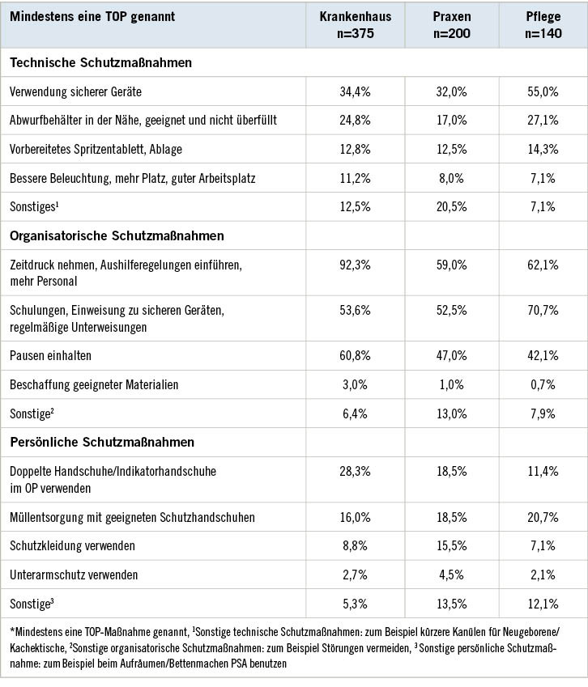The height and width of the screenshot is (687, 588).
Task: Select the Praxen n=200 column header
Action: click(x=452, y=24)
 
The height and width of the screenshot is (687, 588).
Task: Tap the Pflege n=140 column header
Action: click(x=542, y=24)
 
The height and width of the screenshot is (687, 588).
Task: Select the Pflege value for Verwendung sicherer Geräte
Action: click(x=542, y=91)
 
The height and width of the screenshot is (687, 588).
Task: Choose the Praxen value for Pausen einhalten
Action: click(x=452, y=355)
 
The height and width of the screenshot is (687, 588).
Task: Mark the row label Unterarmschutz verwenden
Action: click(x=74, y=575)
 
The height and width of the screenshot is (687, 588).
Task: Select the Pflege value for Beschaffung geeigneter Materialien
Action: click(x=542, y=384)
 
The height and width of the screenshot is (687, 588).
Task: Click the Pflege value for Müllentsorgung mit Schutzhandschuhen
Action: click(x=542, y=517)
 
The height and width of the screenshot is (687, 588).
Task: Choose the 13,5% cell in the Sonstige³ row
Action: click(x=452, y=604)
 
